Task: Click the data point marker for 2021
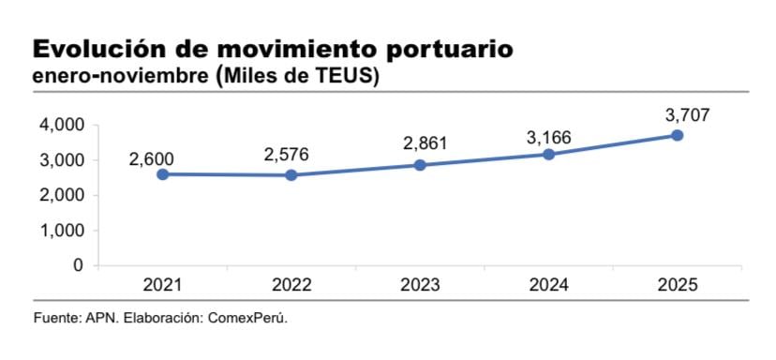click(163, 174)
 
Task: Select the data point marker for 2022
click(291, 175)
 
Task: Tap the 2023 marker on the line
click(420, 165)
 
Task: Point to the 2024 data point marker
click(548, 154)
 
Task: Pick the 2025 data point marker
click(677, 135)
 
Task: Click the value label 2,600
click(152, 159)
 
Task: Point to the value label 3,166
click(550, 138)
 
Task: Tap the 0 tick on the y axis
click(77, 265)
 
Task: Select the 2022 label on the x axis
click(291, 285)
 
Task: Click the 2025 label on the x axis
click(677, 285)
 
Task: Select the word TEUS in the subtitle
click(336, 77)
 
